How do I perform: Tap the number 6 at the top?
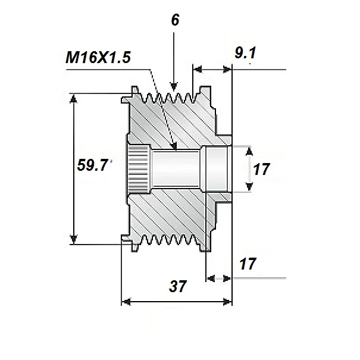(x=174, y=20)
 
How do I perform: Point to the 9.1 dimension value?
(x=246, y=55)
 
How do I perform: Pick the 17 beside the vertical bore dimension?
(x=261, y=169)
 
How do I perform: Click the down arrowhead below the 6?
(x=174, y=84)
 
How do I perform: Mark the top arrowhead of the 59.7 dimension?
(x=74, y=98)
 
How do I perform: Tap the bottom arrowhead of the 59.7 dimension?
(x=74, y=239)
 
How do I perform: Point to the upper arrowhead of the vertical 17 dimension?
(x=249, y=151)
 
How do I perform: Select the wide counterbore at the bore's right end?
(x=215, y=169)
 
